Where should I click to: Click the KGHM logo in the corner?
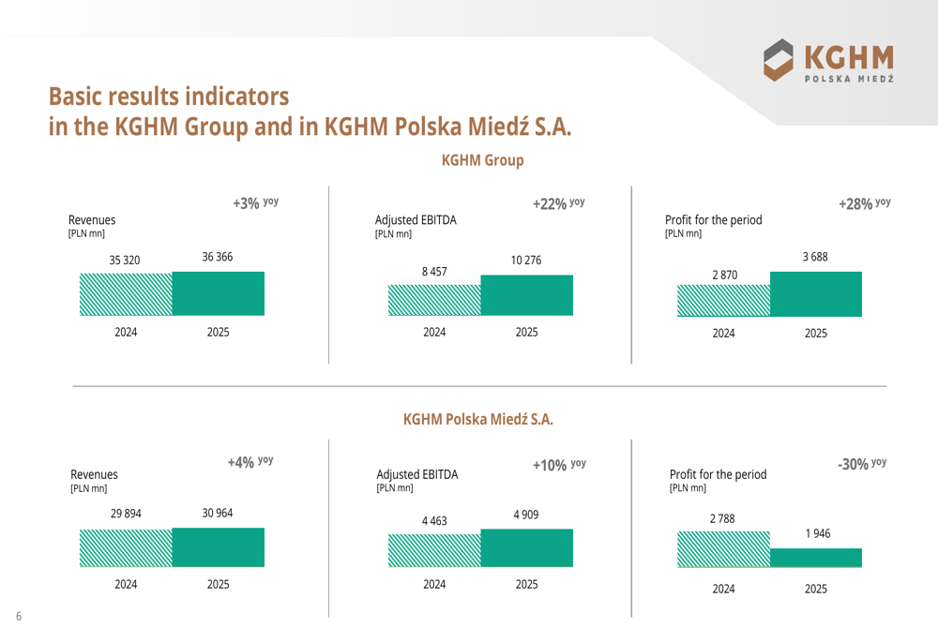coord(828,62)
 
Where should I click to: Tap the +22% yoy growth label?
coord(558,203)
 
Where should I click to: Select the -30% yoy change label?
coord(861,463)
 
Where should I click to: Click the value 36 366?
coord(218,257)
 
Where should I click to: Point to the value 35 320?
coord(125,260)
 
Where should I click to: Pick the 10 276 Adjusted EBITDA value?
coord(526,260)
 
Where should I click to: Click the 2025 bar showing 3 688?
coord(815,293)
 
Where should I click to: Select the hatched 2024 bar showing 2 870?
coord(723,300)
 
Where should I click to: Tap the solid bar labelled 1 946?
coord(815,558)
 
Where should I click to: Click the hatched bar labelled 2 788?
coord(723,548)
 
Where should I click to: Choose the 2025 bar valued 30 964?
coord(218,547)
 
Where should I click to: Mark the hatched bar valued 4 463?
coord(434,550)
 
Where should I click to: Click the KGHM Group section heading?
coord(482,160)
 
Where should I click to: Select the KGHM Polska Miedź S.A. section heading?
coord(477,419)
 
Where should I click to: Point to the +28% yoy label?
coord(864,202)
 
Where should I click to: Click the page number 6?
coord(18,616)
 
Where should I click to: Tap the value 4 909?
coord(526,515)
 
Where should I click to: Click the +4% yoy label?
coord(250,462)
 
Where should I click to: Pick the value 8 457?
coord(434,271)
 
